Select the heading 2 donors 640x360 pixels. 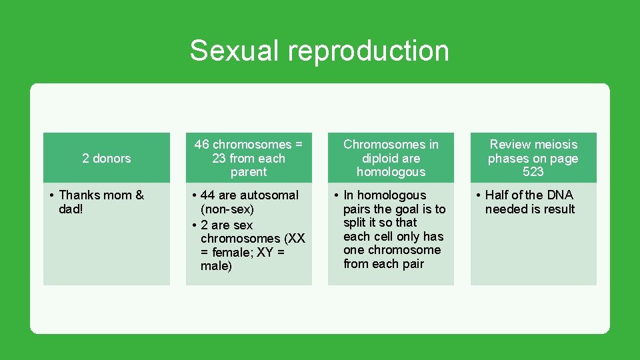pos(107,158)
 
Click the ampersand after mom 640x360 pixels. pos(139,195)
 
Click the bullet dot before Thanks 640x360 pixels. pos(52,195)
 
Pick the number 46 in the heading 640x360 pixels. pos(202,145)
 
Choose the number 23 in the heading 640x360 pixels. pos(219,159)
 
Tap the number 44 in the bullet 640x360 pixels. pos(207,195)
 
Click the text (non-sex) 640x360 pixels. pos(227,209)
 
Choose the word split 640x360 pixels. pos(355,223)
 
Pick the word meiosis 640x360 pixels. pos(555,145)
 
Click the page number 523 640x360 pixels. pos(533,172)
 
